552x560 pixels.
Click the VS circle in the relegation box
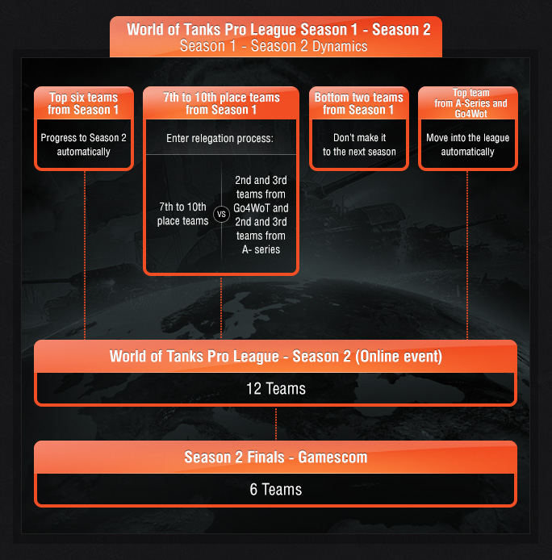coord(221,215)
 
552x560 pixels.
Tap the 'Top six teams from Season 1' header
coord(84,103)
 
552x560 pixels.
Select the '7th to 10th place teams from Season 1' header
coord(221,103)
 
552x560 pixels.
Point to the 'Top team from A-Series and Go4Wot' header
coord(468,103)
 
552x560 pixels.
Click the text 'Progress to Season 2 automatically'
coord(84,144)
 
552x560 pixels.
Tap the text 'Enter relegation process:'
coord(220,139)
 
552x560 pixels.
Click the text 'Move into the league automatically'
coord(468,144)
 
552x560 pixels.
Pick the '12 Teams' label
coord(276,389)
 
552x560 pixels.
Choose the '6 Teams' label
coord(276,489)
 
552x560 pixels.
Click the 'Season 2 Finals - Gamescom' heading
coord(276,458)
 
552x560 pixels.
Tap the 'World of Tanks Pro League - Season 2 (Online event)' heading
coord(276,357)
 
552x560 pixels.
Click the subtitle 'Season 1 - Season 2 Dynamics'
coord(274,47)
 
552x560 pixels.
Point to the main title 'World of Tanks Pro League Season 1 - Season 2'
coord(278,30)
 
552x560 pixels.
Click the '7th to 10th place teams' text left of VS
coord(183,215)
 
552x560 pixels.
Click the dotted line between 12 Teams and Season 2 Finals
coord(276,424)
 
